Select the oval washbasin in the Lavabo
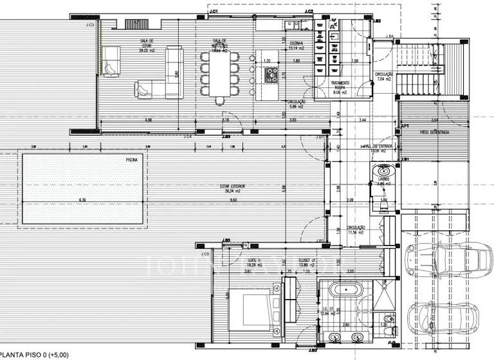(x=384, y=171)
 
